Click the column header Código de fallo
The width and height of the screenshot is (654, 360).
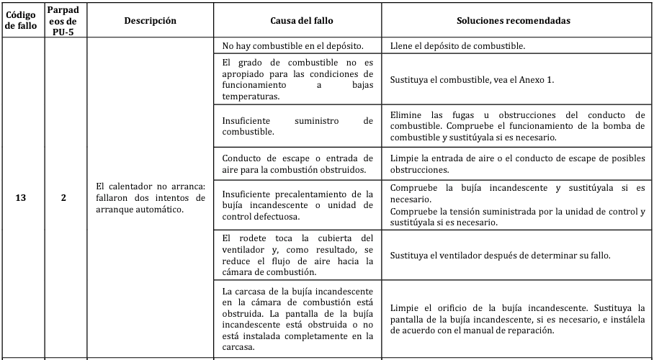coord(22,20)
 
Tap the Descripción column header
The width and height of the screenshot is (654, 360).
coord(150,21)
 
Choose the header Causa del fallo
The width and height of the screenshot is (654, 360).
coord(298,21)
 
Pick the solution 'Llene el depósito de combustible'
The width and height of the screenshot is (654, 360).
coord(457,45)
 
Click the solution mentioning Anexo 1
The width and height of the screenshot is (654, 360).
coord(472,79)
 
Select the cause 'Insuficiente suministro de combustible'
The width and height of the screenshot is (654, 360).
coord(297,126)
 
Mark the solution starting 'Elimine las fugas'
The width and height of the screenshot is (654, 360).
coord(516,126)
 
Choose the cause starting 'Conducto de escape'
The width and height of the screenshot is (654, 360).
coord(297,164)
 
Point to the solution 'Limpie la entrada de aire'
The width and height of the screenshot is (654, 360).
coord(516,164)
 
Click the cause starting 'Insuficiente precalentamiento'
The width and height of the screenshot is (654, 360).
coord(297,204)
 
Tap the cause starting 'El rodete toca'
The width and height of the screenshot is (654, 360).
coord(297,254)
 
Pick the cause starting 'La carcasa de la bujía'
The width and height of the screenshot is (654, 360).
coord(297,318)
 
